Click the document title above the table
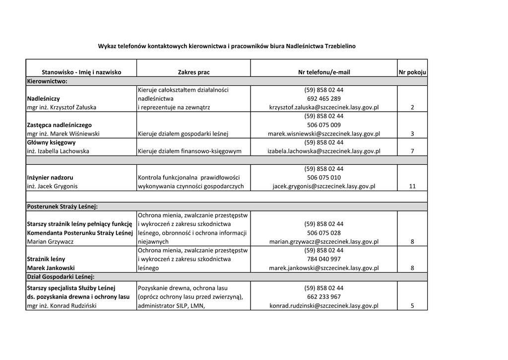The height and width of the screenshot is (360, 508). tap(226, 46)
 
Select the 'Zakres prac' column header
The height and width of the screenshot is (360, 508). tap(193, 72)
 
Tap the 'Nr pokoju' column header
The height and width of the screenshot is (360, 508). tap(412, 72)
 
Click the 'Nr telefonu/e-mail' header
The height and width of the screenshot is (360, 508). tap(324, 72)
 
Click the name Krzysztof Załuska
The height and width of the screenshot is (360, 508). tap(61, 107)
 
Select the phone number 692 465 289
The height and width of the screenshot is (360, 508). tap(324, 99)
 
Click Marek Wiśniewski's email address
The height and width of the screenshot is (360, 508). tap(324, 134)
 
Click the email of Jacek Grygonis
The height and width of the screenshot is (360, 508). tap(324, 187)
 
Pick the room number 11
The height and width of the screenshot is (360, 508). tap(412, 187)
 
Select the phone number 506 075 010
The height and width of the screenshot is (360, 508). tap(324, 178)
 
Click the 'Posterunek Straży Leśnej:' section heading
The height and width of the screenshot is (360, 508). tap(62, 206)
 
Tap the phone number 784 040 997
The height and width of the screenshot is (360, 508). tap(324, 259)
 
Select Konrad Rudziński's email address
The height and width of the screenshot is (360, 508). tap(324, 306)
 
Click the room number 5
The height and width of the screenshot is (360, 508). tap(412, 306)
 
